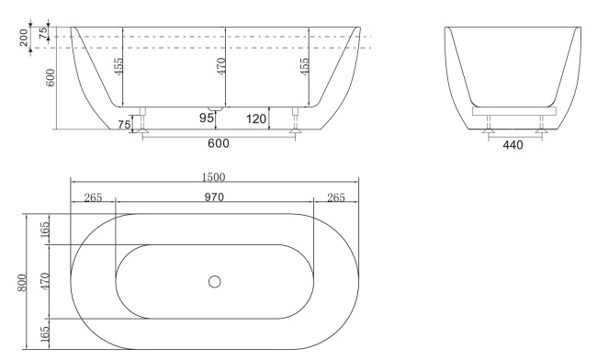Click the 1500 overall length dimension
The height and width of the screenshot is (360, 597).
pyautogui.click(x=214, y=177)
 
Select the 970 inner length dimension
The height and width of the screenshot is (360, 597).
pyautogui.click(x=214, y=196)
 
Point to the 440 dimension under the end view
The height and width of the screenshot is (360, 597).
pyautogui.click(x=513, y=145)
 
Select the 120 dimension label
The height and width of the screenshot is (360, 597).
pyautogui.click(x=257, y=118)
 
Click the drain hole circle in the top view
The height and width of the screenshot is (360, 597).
pyautogui.click(x=215, y=281)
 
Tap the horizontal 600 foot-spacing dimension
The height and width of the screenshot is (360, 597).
pyautogui.click(x=218, y=143)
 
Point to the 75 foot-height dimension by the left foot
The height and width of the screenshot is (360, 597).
pyautogui.click(x=124, y=125)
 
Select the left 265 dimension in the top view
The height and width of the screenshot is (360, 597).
pyautogui.click(x=93, y=196)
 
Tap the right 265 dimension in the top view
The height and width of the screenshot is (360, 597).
pyautogui.click(x=335, y=196)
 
